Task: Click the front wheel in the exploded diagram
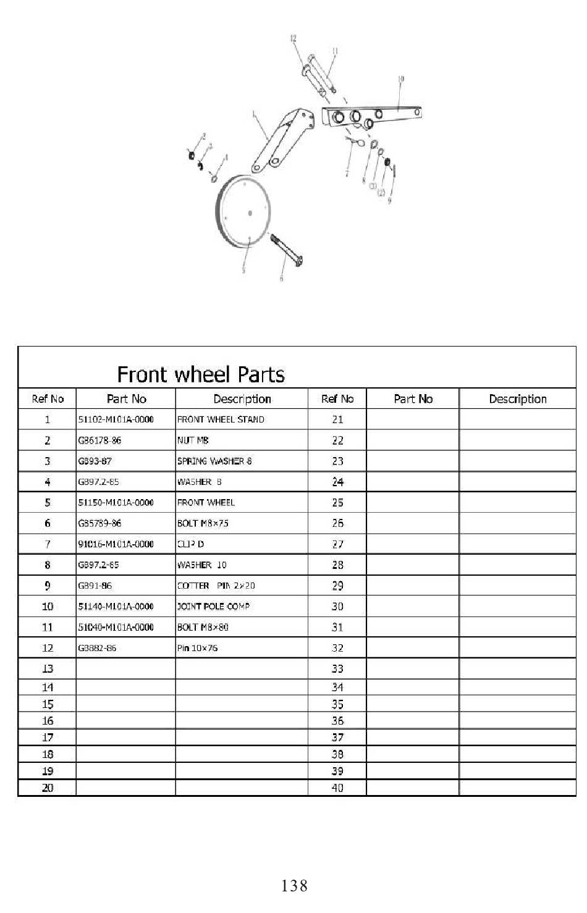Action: pyautogui.click(x=247, y=212)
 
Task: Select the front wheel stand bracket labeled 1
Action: pyautogui.click(x=281, y=139)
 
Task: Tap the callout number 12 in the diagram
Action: pyautogui.click(x=293, y=38)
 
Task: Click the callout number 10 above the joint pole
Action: pyautogui.click(x=401, y=79)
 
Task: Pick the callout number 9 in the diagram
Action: pyautogui.click(x=389, y=201)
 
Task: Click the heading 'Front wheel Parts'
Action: pyautogui.click(x=201, y=374)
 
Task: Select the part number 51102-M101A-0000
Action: pyautogui.click(x=116, y=419)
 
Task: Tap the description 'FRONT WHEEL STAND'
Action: pyautogui.click(x=221, y=419)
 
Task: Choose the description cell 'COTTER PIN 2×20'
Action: pyautogui.click(x=216, y=586)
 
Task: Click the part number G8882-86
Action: pyautogui.click(x=97, y=648)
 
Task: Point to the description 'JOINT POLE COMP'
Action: pyautogui.click(x=213, y=607)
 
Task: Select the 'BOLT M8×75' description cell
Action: pyautogui.click(x=203, y=523)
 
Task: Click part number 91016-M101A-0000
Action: pyautogui.click(x=116, y=544)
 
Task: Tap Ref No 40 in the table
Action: pyautogui.click(x=337, y=788)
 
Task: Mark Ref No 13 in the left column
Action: pyautogui.click(x=48, y=669)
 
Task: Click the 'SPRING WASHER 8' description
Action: pyautogui.click(x=214, y=461)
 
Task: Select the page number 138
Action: pyautogui.click(x=294, y=886)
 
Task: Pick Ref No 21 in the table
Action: pyautogui.click(x=337, y=419)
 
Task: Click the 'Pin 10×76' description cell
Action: pyautogui.click(x=198, y=648)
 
